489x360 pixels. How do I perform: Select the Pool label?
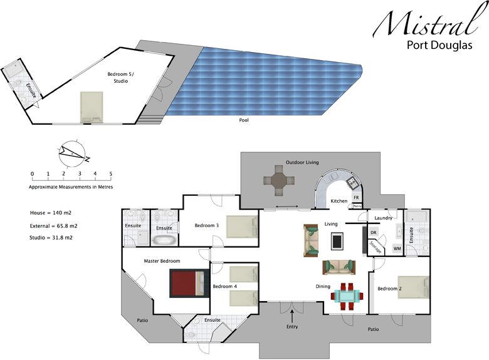coord(244,119)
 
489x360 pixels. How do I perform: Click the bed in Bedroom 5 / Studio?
coord(92,106)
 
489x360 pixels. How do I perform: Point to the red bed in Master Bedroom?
coord(187,283)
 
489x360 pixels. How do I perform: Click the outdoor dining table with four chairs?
coord(278,181)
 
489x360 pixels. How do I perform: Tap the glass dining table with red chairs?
coord(347,296)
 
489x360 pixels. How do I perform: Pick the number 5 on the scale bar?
coord(111,174)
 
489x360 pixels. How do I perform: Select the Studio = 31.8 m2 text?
coord(55,238)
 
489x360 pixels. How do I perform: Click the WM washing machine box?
coord(397,248)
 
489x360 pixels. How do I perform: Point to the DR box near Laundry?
coord(373,232)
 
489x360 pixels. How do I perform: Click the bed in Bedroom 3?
coord(242,225)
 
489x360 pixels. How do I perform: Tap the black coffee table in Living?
coord(337,240)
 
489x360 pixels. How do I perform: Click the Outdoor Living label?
coord(303,162)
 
